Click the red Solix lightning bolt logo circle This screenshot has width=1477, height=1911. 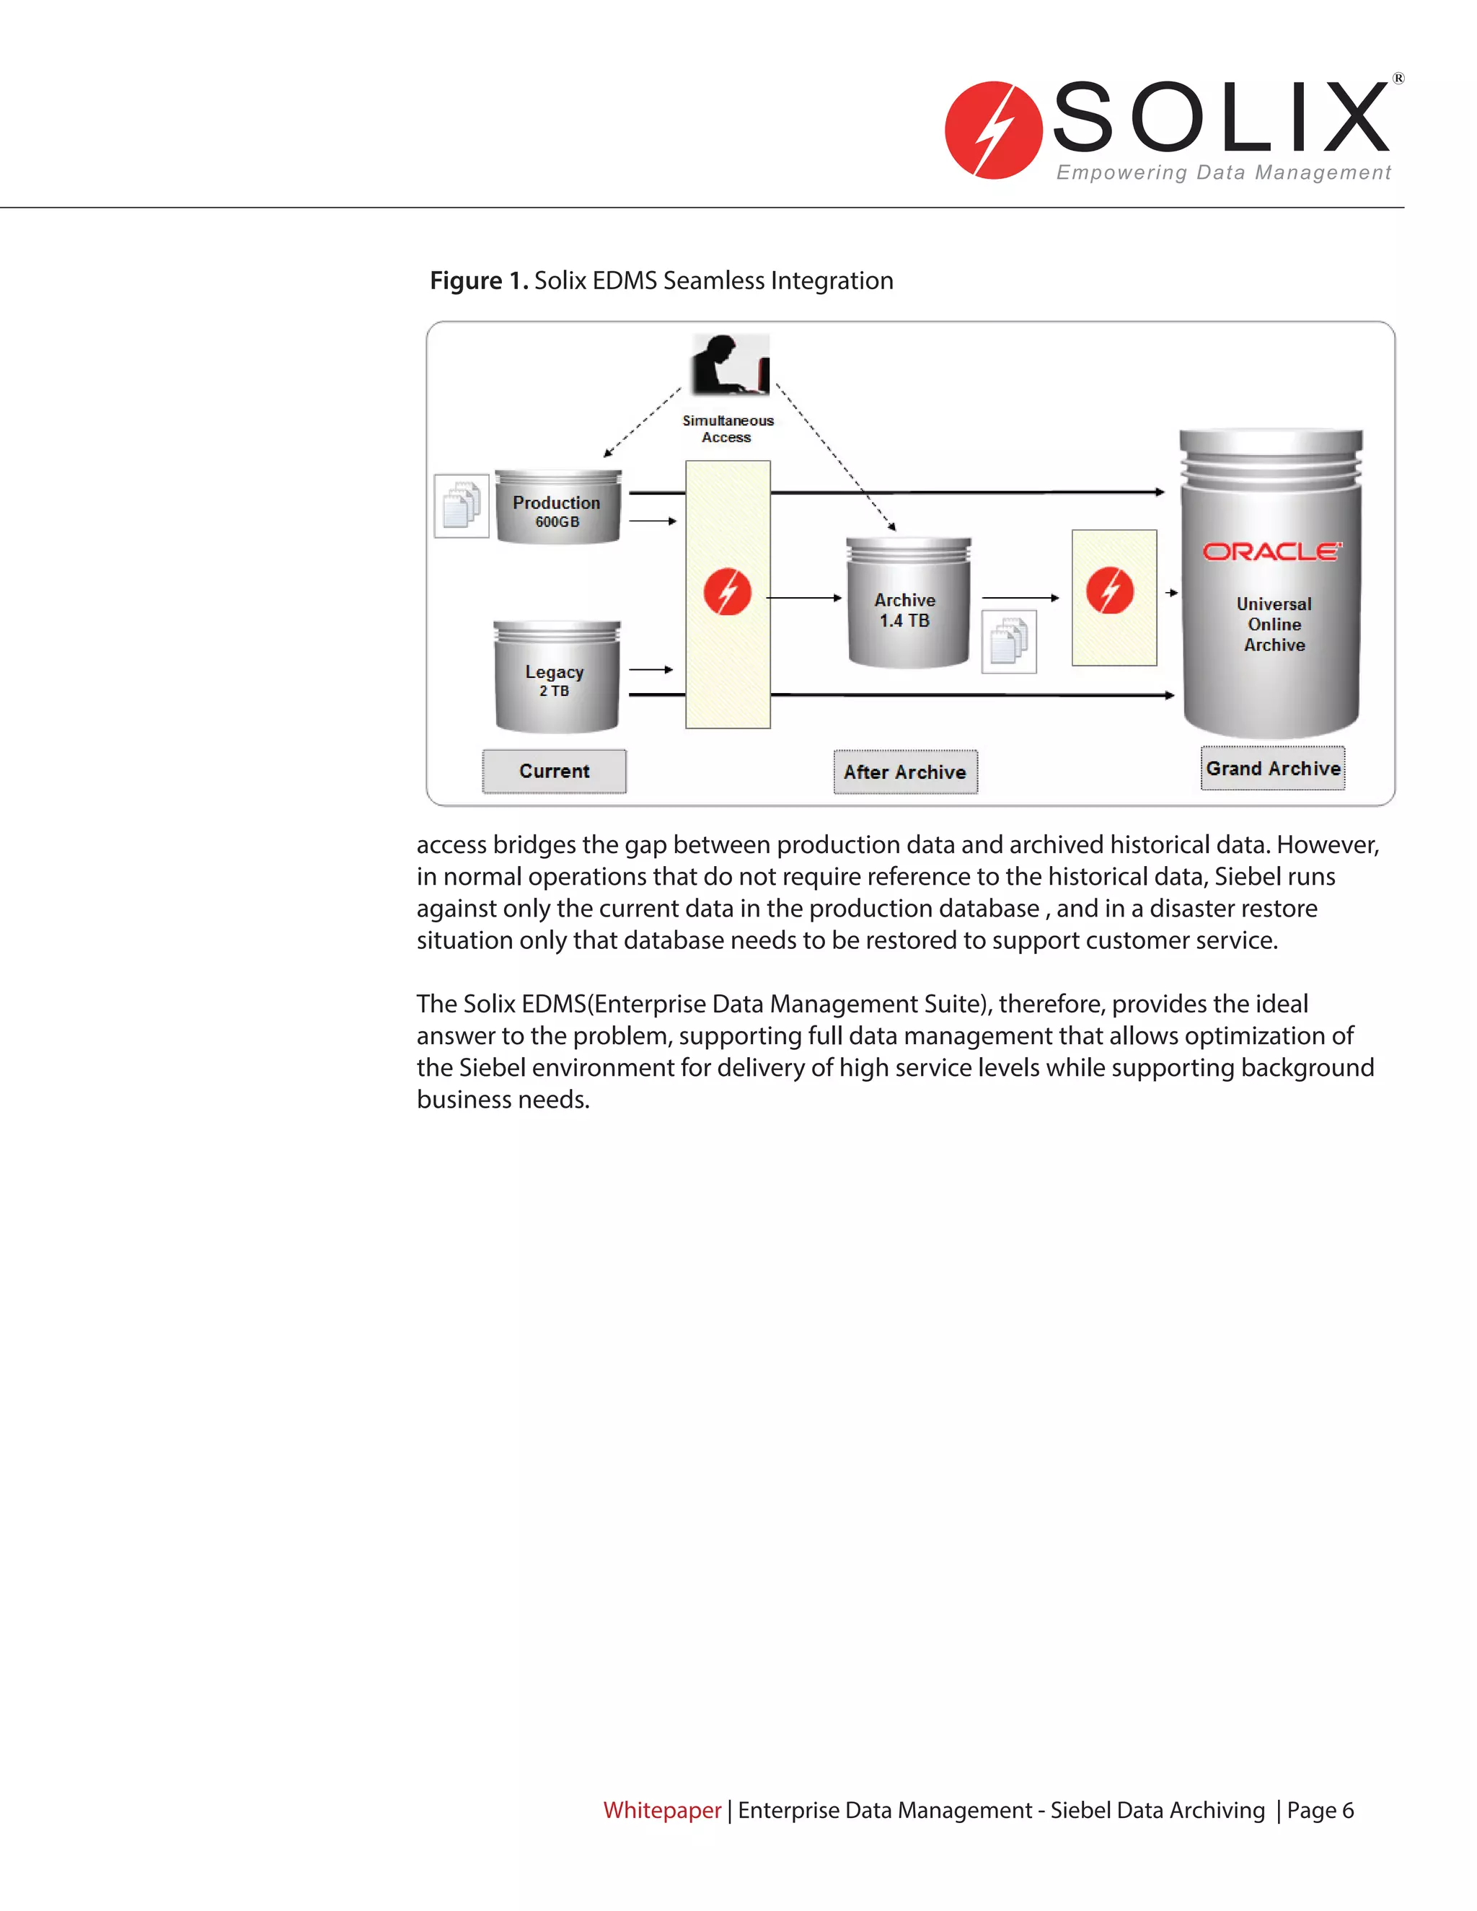point(993,131)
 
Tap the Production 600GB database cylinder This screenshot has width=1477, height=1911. point(557,508)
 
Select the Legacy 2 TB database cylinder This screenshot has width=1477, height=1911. point(555,678)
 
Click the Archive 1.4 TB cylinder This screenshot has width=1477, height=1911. point(907,604)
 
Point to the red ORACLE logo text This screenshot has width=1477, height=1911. point(1271,551)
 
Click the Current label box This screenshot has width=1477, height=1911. point(554,771)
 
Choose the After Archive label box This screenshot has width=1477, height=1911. point(905,772)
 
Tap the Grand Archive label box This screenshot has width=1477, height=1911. point(1272,768)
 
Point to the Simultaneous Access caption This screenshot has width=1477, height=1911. point(727,429)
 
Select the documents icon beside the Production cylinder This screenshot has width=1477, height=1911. point(461,506)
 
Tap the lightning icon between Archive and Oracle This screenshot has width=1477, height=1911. point(1109,591)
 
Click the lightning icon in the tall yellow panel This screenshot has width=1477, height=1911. point(727,591)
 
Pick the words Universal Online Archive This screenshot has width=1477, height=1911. point(1274,624)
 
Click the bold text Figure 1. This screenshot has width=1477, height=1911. point(479,281)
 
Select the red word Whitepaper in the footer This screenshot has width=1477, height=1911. point(661,1809)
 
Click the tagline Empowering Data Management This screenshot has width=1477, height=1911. point(1222,172)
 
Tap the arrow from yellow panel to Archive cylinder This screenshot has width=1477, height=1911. point(804,598)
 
